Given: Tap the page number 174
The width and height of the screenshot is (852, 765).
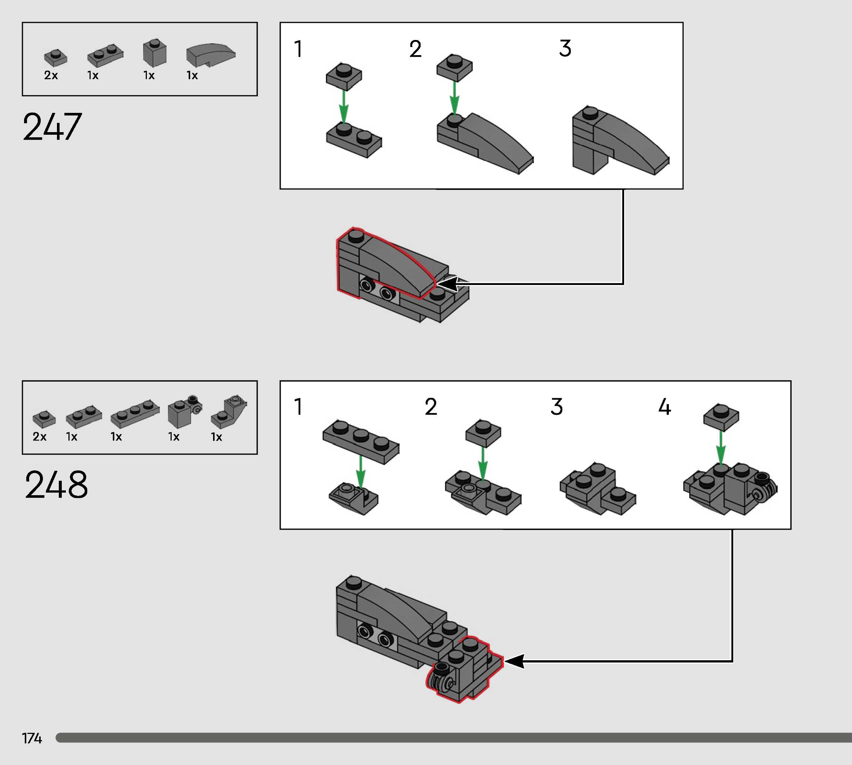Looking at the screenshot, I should pyautogui.click(x=32, y=738).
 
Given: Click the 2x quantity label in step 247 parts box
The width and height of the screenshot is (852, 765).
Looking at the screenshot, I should pyautogui.click(x=51, y=75).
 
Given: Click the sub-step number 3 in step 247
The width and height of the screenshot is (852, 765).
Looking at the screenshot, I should pyautogui.click(x=565, y=48).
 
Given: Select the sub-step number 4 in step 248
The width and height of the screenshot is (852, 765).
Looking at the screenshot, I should pyautogui.click(x=665, y=406).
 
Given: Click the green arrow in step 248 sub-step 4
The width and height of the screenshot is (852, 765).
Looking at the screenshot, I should pyautogui.click(x=721, y=448).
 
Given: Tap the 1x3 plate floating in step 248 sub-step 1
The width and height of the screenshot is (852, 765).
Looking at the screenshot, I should pyautogui.click(x=360, y=441).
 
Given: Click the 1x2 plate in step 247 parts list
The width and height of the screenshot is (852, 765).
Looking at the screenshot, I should pyautogui.click(x=105, y=55).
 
